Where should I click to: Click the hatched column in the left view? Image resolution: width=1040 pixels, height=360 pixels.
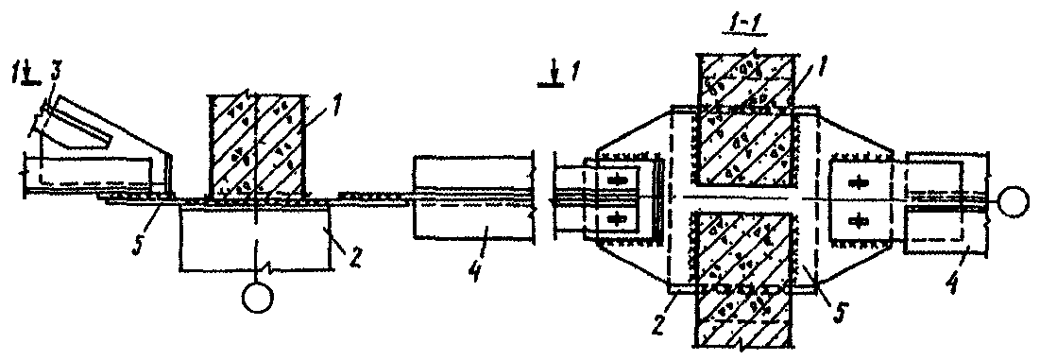tap(256, 147)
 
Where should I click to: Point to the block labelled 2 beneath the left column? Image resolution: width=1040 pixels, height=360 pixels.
tap(255, 236)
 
